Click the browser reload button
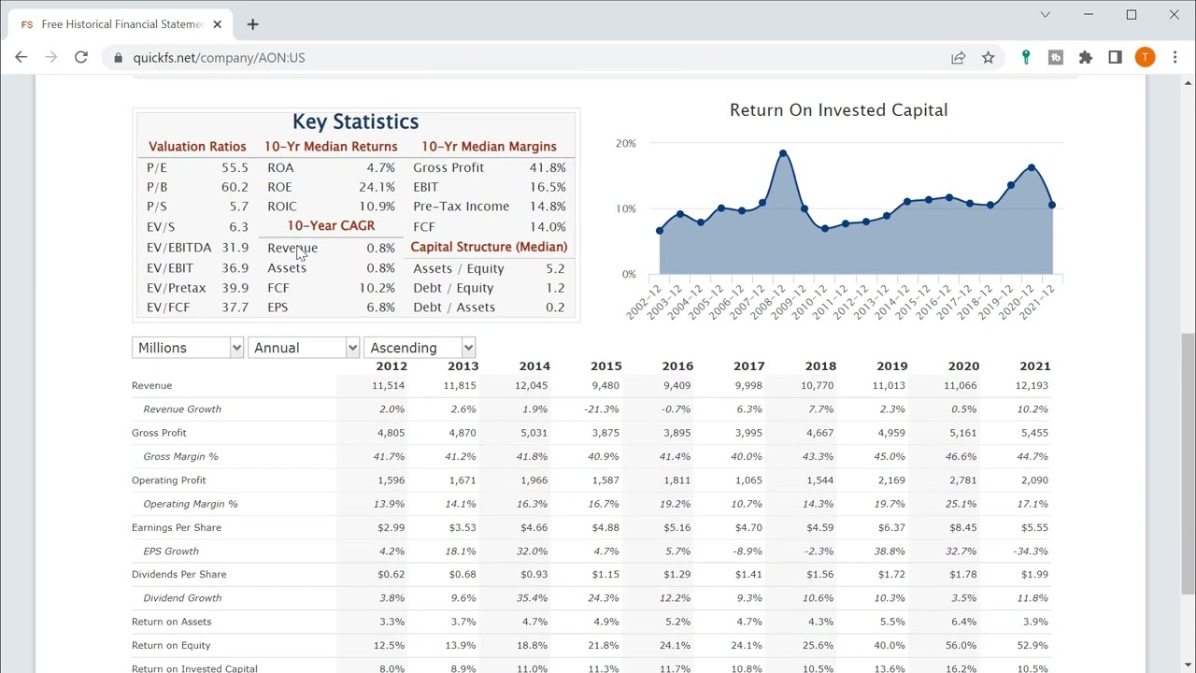tap(81, 58)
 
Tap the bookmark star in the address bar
tap(988, 58)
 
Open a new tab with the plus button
tap(252, 24)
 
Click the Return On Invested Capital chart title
tap(838, 110)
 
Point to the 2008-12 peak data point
tap(783, 153)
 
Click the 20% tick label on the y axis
tap(625, 143)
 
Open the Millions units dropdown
tap(188, 348)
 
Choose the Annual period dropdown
tap(304, 348)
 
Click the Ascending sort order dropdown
tap(420, 348)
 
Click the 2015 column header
tap(605, 366)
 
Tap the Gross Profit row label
tap(159, 433)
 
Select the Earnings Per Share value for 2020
tap(962, 527)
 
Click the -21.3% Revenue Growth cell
tap(602, 409)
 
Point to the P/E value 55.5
tap(235, 167)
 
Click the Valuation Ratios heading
tap(197, 147)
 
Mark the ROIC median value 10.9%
tap(377, 207)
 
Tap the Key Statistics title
tap(355, 122)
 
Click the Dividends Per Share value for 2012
tap(392, 575)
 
